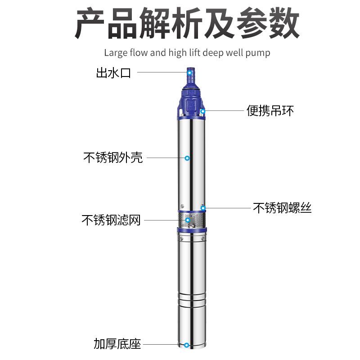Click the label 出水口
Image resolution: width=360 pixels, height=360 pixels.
click(x=113, y=73)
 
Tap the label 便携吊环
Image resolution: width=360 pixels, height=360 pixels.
click(x=270, y=110)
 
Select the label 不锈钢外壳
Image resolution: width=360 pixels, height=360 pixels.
click(x=113, y=158)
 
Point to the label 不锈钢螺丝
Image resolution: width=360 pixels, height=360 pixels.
click(x=282, y=207)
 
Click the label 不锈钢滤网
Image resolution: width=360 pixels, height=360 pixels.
click(x=111, y=220)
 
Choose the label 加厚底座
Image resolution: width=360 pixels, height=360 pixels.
click(x=117, y=344)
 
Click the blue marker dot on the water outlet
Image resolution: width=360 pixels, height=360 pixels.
click(x=190, y=72)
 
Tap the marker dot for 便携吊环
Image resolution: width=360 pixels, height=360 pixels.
click(x=203, y=111)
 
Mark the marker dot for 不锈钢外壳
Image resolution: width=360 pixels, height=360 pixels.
click(x=187, y=157)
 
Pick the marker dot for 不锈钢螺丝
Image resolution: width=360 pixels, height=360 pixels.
click(x=203, y=207)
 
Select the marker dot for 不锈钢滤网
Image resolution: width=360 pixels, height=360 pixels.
click(x=187, y=220)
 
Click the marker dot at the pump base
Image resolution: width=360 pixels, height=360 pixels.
click(x=186, y=345)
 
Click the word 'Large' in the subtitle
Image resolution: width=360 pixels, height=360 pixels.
click(x=115, y=53)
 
